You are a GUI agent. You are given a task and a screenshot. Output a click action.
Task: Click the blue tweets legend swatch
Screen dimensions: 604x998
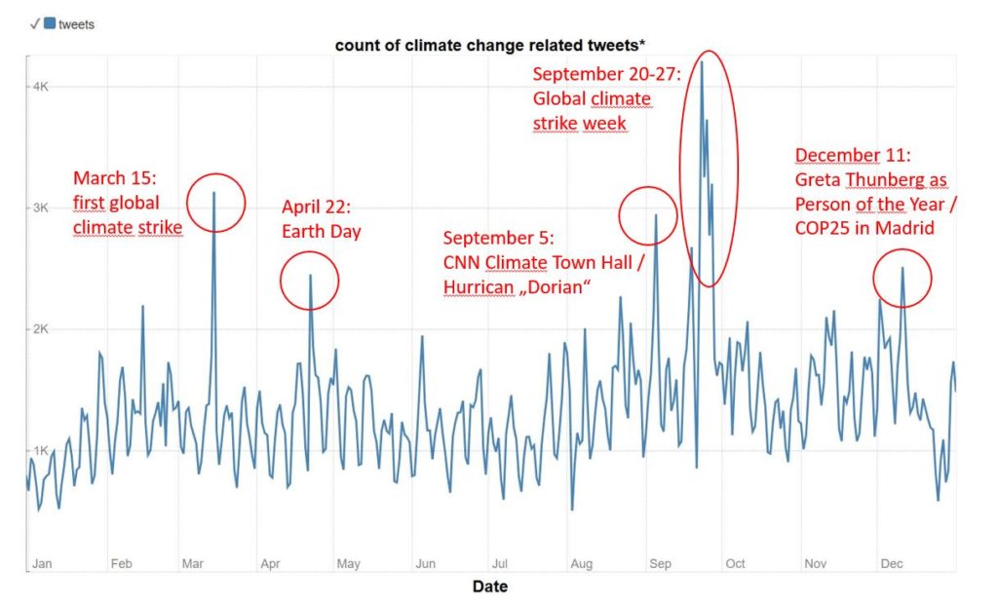[x=50, y=23]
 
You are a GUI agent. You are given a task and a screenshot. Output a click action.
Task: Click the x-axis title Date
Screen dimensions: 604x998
[x=490, y=586]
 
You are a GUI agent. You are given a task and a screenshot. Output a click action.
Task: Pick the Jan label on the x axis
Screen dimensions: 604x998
[x=42, y=564]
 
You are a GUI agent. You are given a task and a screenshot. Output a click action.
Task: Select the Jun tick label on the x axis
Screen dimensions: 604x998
[x=425, y=564]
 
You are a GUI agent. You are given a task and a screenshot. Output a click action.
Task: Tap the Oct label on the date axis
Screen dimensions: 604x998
[x=736, y=564]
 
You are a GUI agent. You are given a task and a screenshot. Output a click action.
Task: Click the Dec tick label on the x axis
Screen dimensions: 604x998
[x=892, y=564]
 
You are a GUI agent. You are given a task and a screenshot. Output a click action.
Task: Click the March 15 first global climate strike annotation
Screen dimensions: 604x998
[x=128, y=203]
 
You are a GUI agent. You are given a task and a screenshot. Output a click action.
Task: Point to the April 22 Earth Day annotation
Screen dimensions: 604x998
[x=322, y=219]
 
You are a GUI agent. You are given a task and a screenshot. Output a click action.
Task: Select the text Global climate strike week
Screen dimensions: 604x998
[x=592, y=111]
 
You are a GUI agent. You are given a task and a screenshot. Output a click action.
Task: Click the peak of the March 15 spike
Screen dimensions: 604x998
[x=213, y=193]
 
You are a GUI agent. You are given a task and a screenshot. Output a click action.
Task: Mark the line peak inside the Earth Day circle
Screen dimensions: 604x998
[x=310, y=276]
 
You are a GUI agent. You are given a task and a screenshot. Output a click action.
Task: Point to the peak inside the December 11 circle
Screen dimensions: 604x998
[x=902, y=268]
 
